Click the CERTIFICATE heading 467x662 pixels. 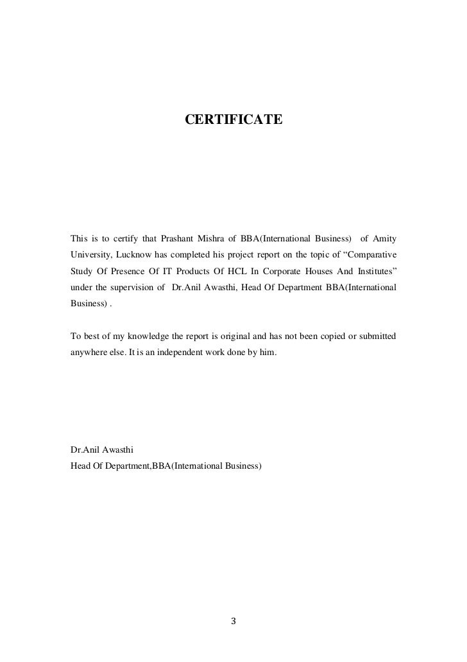point(233,119)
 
